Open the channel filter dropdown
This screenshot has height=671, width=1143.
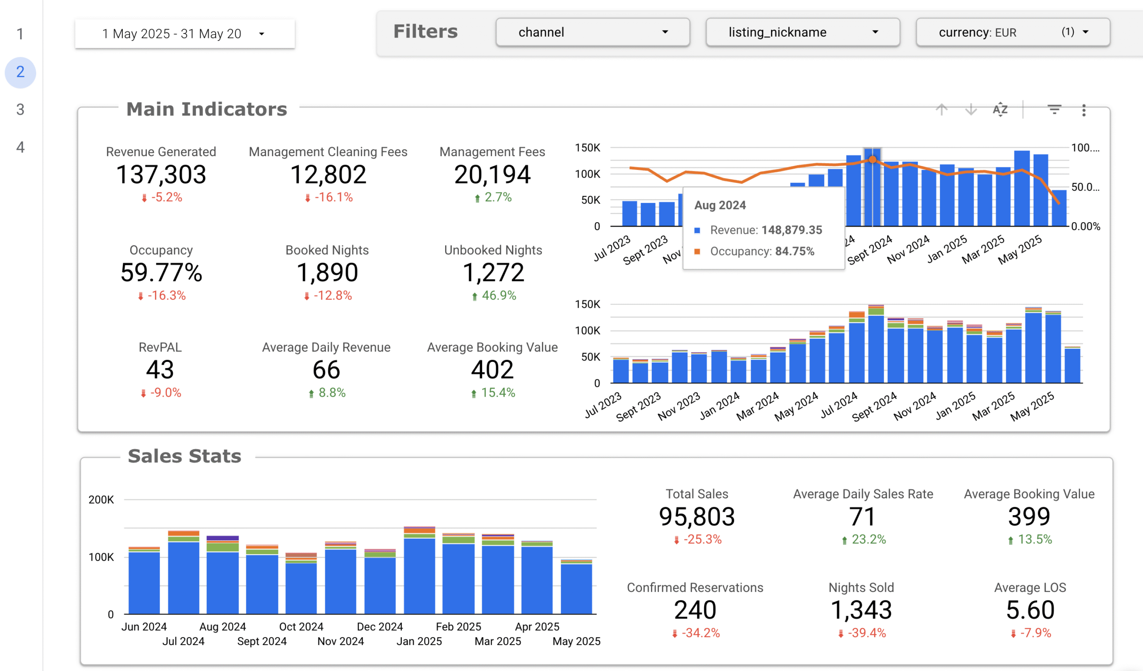(592, 32)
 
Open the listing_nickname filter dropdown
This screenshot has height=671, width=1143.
(802, 32)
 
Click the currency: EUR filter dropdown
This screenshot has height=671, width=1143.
(1012, 32)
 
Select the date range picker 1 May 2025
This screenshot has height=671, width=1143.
(184, 34)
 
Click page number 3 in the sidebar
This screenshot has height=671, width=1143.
(21, 109)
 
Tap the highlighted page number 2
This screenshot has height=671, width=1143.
(21, 72)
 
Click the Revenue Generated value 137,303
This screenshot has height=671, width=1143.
(161, 174)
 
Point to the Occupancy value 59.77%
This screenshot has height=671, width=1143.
(161, 273)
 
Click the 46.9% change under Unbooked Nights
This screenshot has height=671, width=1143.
(498, 296)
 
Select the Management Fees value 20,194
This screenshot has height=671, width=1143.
(492, 174)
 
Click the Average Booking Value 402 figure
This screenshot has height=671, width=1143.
(492, 369)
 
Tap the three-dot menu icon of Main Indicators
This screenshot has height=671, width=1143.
(1084, 110)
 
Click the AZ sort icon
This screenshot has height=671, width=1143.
(1000, 110)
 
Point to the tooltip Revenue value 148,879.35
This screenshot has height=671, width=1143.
(792, 230)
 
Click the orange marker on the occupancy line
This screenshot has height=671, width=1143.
(872, 160)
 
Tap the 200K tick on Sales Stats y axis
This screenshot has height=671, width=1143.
(101, 500)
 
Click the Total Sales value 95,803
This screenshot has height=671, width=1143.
(697, 517)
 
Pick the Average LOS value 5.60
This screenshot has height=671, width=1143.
(1030, 610)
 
